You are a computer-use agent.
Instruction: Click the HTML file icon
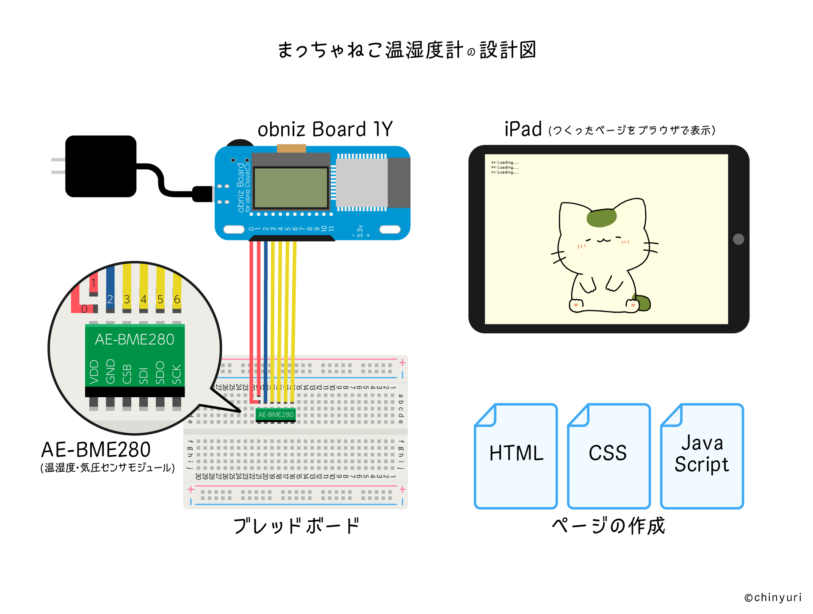click(516, 456)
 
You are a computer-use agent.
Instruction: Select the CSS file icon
click(608, 456)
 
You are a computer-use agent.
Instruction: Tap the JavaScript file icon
click(702, 456)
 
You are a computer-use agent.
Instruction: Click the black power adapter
click(101, 166)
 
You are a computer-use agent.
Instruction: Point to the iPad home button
click(738, 239)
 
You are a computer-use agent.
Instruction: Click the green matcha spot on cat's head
click(601, 218)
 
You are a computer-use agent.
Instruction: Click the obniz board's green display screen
click(291, 188)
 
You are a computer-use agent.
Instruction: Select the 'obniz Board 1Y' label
click(325, 129)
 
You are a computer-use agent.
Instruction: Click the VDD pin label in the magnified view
click(94, 372)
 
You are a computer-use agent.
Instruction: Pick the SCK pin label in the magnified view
click(177, 374)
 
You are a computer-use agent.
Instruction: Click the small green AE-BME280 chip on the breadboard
click(276, 415)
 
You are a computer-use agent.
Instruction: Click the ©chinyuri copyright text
click(773, 597)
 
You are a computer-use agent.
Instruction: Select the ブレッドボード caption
click(296, 526)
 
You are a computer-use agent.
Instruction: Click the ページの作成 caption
click(608, 526)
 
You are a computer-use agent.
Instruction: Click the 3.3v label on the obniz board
click(360, 231)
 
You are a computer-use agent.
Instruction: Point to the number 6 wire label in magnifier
click(177, 299)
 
